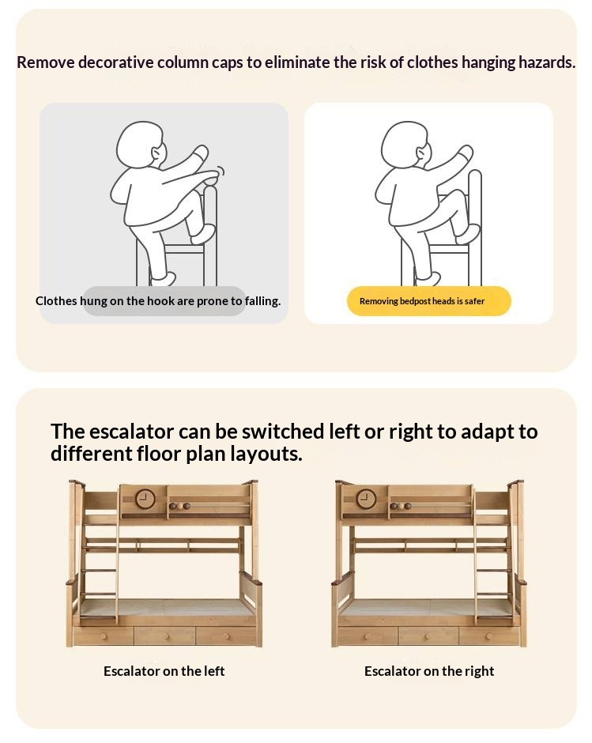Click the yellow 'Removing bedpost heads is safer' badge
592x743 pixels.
pyautogui.click(x=429, y=301)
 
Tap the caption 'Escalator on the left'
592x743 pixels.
pyautogui.click(x=164, y=671)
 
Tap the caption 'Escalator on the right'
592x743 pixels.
pyautogui.click(x=429, y=671)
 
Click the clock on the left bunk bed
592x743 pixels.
pyautogui.click(x=145, y=499)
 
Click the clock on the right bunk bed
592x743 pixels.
pyautogui.click(x=366, y=499)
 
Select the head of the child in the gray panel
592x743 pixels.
pyautogui.click(x=141, y=144)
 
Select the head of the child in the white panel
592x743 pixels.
pyautogui.click(x=406, y=144)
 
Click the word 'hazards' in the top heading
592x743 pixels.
pyautogui.click(x=544, y=62)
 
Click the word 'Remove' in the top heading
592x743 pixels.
pyautogui.click(x=46, y=62)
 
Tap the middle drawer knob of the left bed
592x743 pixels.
pyautogui.click(x=166, y=636)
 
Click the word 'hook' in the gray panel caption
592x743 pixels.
pyautogui.click(x=160, y=300)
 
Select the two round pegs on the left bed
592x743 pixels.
pyautogui.click(x=179, y=506)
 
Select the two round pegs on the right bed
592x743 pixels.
pyautogui.click(x=401, y=506)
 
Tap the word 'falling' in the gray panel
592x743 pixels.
pyautogui.click(x=262, y=301)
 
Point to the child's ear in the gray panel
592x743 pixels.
pyautogui.click(x=156, y=153)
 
